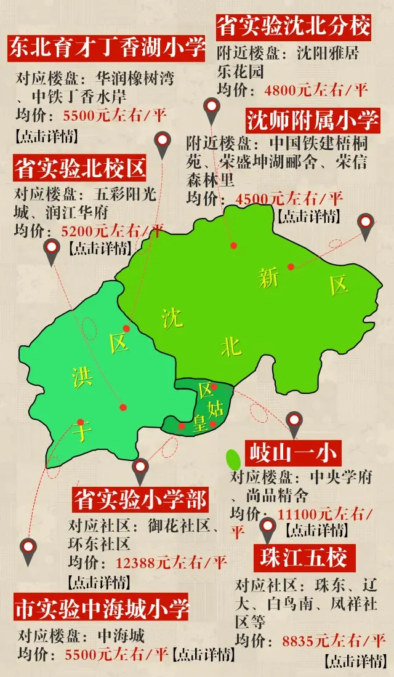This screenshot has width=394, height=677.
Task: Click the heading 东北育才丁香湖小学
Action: [x=106, y=47]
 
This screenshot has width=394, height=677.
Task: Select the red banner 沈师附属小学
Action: [x=313, y=120]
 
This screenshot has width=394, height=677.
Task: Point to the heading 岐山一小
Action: [x=291, y=454]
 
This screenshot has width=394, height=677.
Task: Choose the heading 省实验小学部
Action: [x=140, y=499]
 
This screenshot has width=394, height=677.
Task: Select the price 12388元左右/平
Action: [x=171, y=562]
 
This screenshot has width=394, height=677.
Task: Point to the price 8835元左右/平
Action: [x=333, y=640]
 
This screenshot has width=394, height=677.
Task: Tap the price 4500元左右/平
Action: [x=289, y=199]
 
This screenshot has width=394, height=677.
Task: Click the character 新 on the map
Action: [x=269, y=279]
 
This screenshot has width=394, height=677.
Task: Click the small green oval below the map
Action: [x=233, y=459]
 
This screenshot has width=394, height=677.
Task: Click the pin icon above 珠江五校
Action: [x=267, y=528]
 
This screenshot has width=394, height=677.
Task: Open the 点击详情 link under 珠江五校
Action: [x=353, y=662]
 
